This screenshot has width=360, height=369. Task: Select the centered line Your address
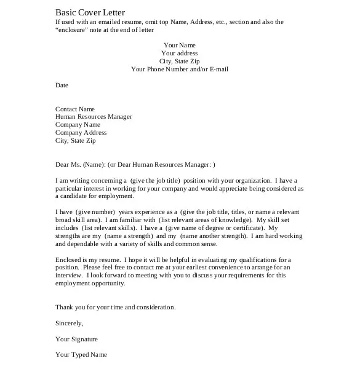point(179,53)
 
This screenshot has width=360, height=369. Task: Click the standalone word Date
point(62,85)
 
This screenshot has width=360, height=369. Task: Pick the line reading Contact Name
point(75,109)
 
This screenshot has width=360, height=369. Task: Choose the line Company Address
point(81,132)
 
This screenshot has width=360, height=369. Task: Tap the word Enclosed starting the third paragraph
point(68,260)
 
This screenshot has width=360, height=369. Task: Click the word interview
point(68,276)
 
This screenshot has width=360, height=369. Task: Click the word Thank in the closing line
point(65,307)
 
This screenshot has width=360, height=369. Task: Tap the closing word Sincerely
point(69,323)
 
